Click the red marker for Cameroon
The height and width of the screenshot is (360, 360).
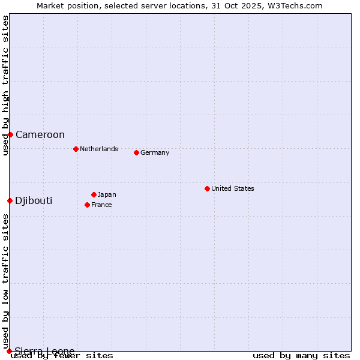point(10,134)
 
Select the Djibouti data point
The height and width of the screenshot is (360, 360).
point(10,200)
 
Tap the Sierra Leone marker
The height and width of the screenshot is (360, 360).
point(9,351)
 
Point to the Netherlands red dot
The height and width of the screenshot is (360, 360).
point(76,149)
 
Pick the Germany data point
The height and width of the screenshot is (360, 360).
point(136,152)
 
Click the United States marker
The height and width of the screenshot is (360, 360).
point(207,188)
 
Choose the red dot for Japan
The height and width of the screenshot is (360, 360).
point(94,194)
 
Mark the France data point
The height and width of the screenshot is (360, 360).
point(87,205)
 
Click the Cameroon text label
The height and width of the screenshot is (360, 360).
point(40,135)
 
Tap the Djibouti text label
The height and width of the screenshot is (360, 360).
point(34,201)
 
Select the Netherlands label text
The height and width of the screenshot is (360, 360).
point(99,149)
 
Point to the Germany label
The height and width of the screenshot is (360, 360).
point(155,153)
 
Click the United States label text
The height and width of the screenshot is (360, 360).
point(233,189)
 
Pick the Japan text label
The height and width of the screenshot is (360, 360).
point(107,195)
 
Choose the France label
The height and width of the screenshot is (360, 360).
point(101,205)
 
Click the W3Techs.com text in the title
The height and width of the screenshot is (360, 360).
point(293,6)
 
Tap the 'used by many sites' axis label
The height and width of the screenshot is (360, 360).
point(301,356)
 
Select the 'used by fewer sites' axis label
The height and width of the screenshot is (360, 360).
point(62,356)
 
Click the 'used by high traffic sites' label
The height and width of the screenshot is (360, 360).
point(5,85)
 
